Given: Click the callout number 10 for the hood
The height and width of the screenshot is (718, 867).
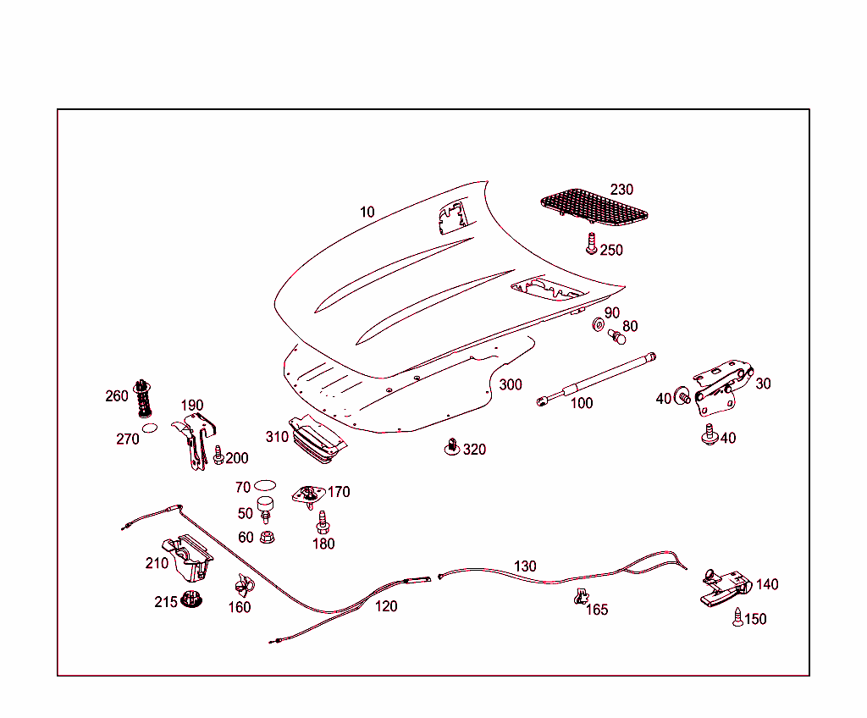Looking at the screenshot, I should (367, 212).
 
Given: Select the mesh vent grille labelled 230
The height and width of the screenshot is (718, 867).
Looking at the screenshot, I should (594, 208).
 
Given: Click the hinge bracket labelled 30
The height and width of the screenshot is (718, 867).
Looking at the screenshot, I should (721, 384).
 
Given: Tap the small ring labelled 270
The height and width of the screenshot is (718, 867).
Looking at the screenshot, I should (150, 428).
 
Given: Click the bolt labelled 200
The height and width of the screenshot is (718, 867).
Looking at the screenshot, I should (218, 456).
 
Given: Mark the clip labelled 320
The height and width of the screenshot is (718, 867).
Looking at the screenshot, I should (453, 446).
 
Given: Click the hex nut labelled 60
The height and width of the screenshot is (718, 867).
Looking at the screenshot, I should (268, 536).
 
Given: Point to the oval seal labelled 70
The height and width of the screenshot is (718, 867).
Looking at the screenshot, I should (265, 485).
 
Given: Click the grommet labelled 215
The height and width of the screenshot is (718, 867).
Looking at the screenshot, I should (193, 599).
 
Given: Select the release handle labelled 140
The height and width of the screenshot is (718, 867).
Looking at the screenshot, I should (725, 587).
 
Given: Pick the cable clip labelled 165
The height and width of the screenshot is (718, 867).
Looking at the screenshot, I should (580, 597).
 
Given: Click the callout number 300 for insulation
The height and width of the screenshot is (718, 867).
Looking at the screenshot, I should (510, 384).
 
